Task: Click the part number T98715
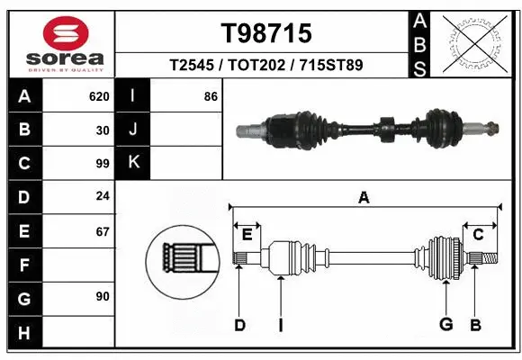click(x=266, y=33)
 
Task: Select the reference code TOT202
click(x=267, y=66)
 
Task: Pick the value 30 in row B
click(x=103, y=130)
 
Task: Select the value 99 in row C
click(x=103, y=164)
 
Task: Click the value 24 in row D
click(x=103, y=197)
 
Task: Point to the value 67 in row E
click(x=103, y=231)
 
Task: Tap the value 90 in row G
click(x=103, y=296)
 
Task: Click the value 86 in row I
click(x=211, y=96)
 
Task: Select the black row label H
click(x=23, y=332)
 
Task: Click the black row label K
click(x=134, y=163)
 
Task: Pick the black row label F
click(x=23, y=265)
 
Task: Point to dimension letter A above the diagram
click(x=364, y=197)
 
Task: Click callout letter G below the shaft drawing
click(x=445, y=325)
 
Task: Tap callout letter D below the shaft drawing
click(x=239, y=325)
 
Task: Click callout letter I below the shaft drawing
click(x=281, y=325)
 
